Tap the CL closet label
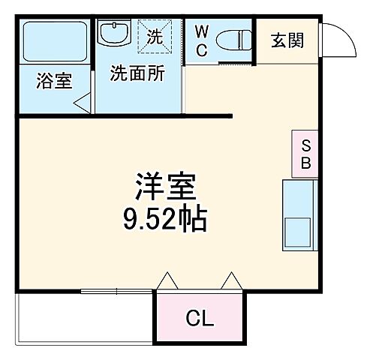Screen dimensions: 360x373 tap(200, 318)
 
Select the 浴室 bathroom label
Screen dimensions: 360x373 tap(54, 81)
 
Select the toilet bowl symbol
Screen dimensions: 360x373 tap(237, 39)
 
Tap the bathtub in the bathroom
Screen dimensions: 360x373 tap(54, 41)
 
